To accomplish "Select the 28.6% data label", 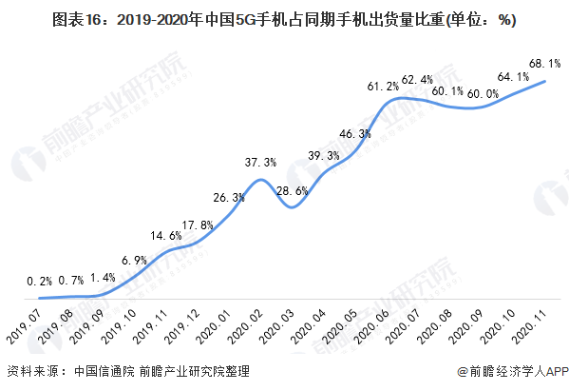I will pyautogui.click(x=291, y=191).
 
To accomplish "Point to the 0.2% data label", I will pyautogui.click(x=40, y=281).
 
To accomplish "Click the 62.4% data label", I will pyautogui.click(x=417, y=79).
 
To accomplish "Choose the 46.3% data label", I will pyautogui.click(x=354, y=134).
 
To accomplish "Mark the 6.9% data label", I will pyautogui.click(x=133, y=259).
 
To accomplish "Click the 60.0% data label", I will pyautogui.click(x=484, y=93).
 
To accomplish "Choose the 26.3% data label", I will pyautogui.click(x=229, y=197).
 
